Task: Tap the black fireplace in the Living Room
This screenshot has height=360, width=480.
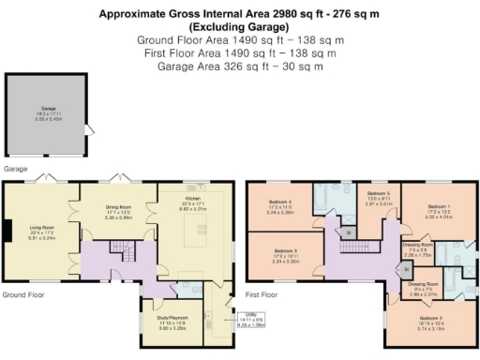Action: tap(7, 231)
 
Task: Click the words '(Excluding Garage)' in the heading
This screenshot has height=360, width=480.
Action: tap(239, 27)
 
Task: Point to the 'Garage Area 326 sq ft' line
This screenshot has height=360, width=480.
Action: tap(239, 67)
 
